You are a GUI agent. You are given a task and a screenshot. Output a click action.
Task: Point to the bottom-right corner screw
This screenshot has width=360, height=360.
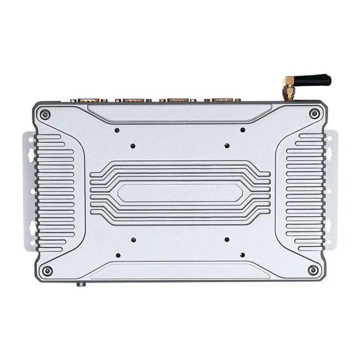[x=313, y=270]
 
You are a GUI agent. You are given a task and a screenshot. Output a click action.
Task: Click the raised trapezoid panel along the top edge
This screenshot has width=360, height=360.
[x=180, y=112]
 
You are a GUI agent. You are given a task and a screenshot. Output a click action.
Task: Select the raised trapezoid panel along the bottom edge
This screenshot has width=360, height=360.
[x=180, y=271]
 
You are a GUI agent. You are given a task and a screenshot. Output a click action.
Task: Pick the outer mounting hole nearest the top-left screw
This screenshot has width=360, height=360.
[x=117, y=130]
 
